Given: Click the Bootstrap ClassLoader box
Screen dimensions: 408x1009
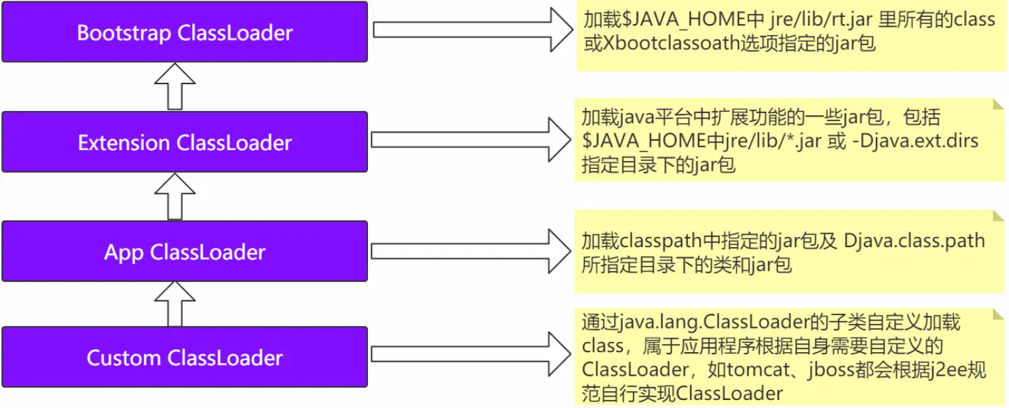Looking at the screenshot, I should pyautogui.click(x=185, y=32).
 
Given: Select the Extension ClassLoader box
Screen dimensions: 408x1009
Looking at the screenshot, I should pyautogui.click(x=185, y=142).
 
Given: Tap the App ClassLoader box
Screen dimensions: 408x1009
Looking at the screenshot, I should pyautogui.click(x=185, y=252).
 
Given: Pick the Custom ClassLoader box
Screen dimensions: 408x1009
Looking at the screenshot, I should pyautogui.click(x=185, y=357).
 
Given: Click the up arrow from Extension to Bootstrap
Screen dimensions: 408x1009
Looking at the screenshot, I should pyautogui.click(x=174, y=86).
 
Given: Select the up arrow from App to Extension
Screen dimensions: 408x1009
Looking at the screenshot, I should pyautogui.click(x=174, y=196).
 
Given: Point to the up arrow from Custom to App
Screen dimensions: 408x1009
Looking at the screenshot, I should pyautogui.click(x=174, y=304).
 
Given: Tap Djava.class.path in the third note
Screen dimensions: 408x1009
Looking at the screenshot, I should pyautogui.click(x=914, y=240).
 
